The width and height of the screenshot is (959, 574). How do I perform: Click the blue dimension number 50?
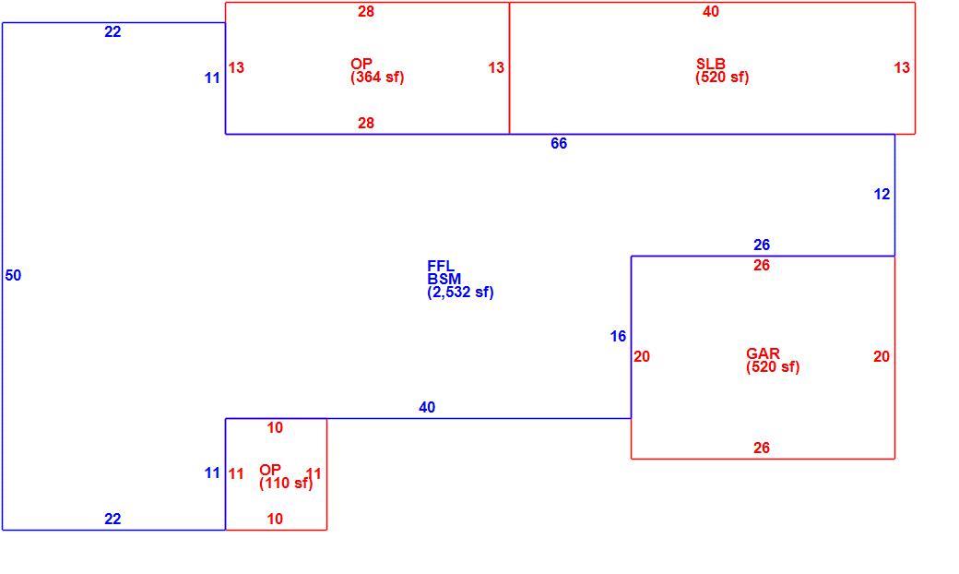click(13, 275)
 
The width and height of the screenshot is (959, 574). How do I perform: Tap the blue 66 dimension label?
click(559, 143)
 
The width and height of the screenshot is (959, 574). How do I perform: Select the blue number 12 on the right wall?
click(882, 194)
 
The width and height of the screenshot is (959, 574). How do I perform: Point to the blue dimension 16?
click(618, 336)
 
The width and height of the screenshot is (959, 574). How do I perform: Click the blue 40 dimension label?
click(427, 407)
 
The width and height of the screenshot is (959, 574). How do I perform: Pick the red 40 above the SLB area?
click(711, 11)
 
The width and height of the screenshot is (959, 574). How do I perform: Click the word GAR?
click(763, 353)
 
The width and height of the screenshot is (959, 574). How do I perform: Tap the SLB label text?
click(711, 64)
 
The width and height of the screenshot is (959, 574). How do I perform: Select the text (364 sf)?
click(377, 78)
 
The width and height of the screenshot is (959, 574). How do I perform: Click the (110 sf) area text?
click(286, 483)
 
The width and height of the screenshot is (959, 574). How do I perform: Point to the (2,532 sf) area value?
click(460, 292)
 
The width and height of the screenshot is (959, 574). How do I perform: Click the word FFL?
click(441, 266)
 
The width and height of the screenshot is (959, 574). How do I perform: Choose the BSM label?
click(444, 279)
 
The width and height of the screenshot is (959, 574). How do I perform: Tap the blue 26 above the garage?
click(762, 245)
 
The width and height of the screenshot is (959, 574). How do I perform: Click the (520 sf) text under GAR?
click(773, 366)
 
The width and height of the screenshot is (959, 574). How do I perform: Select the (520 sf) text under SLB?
click(722, 78)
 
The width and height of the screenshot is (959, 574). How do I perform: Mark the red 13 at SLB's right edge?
click(902, 67)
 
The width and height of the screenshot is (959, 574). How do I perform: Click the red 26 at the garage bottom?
click(762, 448)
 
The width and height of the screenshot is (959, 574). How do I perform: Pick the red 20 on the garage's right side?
click(882, 356)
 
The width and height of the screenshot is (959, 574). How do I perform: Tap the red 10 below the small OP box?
click(275, 519)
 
